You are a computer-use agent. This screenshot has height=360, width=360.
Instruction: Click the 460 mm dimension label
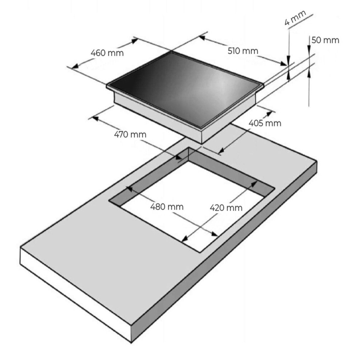(x=107, y=53)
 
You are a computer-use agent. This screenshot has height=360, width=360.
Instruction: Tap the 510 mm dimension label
(x=243, y=51)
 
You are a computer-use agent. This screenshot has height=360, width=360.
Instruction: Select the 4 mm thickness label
(x=295, y=17)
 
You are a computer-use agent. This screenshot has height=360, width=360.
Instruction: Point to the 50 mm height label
(x=325, y=40)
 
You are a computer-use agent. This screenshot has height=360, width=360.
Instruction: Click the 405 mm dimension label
(x=265, y=123)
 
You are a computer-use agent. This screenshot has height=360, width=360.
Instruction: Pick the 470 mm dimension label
(x=130, y=134)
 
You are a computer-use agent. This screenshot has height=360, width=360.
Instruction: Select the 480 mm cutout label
(x=166, y=207)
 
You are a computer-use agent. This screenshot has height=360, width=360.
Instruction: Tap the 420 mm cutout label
(x=226, y=208)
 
